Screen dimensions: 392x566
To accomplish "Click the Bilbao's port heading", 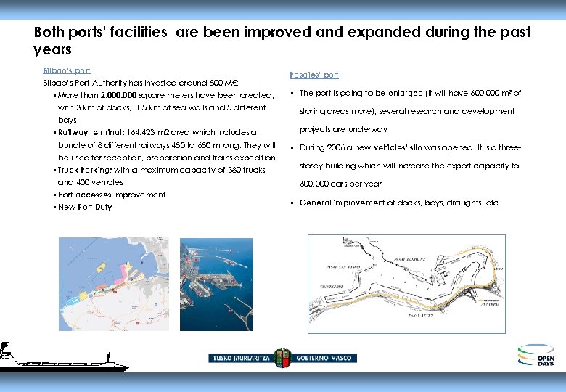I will [x=67, y=70].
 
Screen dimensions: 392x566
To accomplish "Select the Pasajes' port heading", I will [x=313, y=75].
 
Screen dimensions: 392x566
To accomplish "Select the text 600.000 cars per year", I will [x=340, y=184].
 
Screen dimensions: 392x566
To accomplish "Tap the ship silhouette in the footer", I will [x=62, y=360].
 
